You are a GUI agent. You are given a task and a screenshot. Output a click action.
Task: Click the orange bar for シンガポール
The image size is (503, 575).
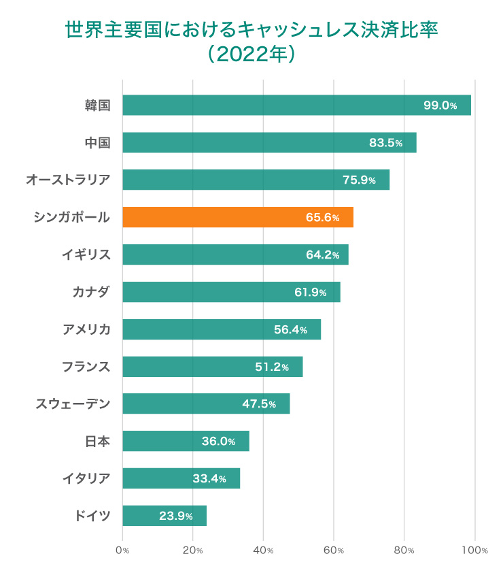[x=238, y=217]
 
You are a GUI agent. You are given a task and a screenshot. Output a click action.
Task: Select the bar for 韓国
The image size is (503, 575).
[x=296, y=105]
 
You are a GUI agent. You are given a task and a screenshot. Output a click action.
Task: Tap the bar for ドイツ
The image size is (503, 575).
[x=164, y=516]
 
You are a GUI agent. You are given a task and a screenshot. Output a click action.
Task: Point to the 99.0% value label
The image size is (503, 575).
[x=440, y=105]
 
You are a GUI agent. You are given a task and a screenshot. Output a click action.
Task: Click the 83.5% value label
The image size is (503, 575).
[x=385, y=143]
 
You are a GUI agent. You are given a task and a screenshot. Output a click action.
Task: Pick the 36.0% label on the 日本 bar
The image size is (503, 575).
[x=218, y=442]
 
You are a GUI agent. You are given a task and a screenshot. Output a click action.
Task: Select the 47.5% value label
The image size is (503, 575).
[x=259, y=404]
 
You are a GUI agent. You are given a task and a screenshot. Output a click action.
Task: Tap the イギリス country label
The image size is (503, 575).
[x=86, y=254]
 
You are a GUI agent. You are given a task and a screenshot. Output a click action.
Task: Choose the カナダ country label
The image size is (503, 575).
[x=91, y=292]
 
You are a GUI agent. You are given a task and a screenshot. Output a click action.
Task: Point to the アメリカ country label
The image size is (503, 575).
[x=86, y=329]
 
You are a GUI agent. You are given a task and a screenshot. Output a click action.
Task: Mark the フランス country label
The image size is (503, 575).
[x=86, y=367]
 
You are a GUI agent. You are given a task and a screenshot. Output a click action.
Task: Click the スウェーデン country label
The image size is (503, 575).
[x=73, y=404]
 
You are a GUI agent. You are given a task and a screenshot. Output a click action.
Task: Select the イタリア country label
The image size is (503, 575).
[x=86, y=478]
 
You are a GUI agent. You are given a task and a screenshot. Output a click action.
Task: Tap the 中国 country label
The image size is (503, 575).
[x=97, y=143]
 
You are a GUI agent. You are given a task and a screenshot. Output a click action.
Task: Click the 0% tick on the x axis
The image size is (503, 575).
[x=122, y=550]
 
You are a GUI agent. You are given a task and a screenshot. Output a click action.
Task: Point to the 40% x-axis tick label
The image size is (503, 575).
[x=263, y=550]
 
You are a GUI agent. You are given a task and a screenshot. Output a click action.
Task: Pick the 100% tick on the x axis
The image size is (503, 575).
[x=474, y=550]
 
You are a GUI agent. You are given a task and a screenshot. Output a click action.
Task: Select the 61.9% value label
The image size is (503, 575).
[x=310, y=292]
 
